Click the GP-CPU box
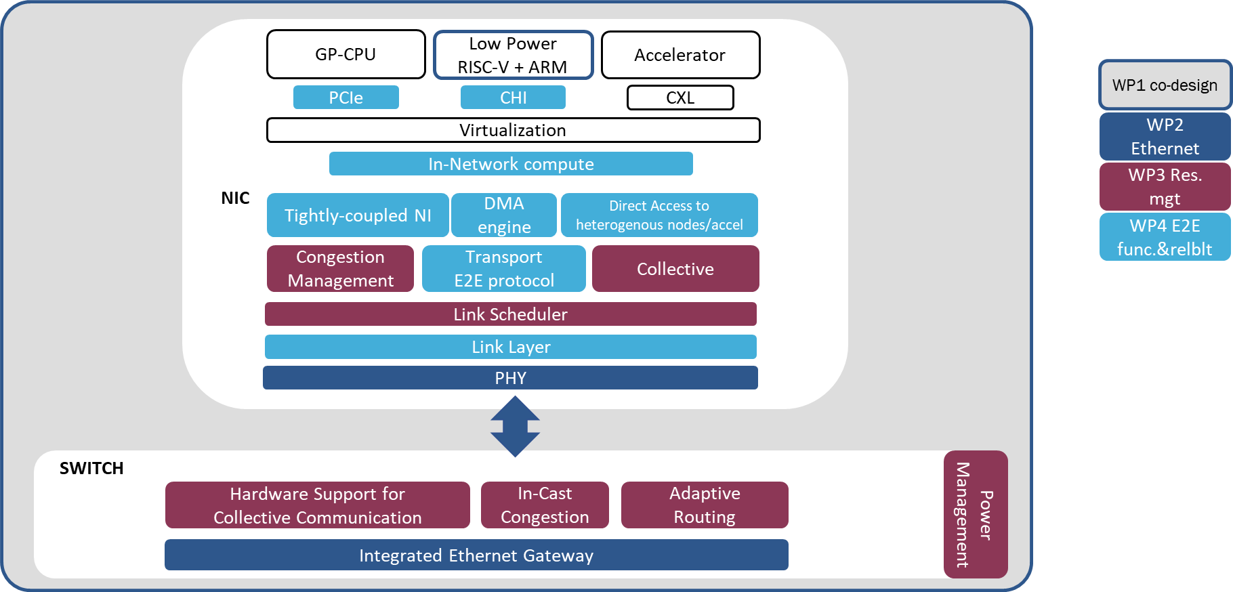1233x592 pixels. (346, 54)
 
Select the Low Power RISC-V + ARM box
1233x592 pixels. (514, 55)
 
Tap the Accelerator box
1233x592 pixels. (681, 55)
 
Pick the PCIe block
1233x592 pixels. (346, 98)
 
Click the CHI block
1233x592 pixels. (513, 98)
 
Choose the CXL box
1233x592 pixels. (680, 98)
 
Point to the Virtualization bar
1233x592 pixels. (514, 130)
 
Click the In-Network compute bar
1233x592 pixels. (511, 164)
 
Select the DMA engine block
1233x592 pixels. (504, 215)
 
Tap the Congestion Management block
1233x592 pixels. (340, 269)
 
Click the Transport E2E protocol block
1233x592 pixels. (504, 269)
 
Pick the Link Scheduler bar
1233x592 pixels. (511, 314)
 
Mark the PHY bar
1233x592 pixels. (510, 378)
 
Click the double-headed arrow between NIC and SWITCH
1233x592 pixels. (515, 427)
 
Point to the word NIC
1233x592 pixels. (235, 198)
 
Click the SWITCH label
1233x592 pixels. (91, 468)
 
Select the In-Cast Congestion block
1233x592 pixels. (545, 505)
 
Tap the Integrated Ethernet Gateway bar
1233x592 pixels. (476, 555)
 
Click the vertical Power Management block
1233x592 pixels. (976, 514)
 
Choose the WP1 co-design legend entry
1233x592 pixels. (1165, 85)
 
